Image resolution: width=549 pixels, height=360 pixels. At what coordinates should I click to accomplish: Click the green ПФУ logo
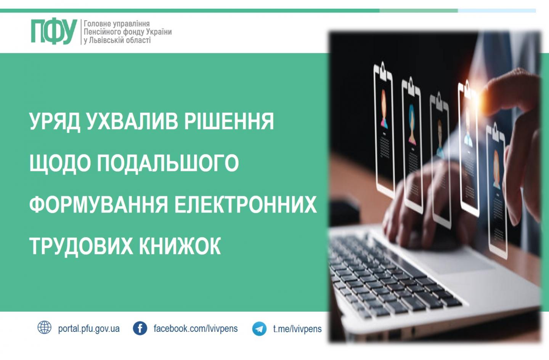click(54, 32)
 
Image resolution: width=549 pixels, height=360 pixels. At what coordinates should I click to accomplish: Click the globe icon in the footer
click(44, 328)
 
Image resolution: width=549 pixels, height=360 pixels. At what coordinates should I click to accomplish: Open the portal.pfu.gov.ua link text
click(89, 329)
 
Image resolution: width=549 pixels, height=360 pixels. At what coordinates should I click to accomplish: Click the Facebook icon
click(140, 328)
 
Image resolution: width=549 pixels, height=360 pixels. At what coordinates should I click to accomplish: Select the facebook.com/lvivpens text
click(196, 328)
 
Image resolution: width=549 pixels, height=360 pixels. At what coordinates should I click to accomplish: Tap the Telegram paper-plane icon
click(259, 329)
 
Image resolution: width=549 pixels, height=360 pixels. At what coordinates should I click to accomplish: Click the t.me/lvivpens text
click(297, 329)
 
